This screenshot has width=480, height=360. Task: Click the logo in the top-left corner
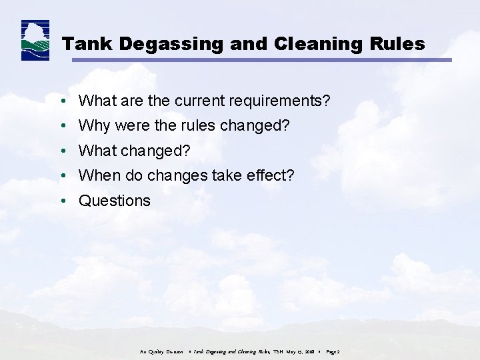[x=35, y=41]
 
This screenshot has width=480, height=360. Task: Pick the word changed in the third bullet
[x=155, y=151]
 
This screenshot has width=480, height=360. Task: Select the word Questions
[x=115, y=201]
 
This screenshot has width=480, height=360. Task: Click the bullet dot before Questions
[x=61, y=201]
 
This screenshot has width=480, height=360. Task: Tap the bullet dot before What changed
[x=61, y=151]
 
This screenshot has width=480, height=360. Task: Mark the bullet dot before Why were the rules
[x=61, y=126]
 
